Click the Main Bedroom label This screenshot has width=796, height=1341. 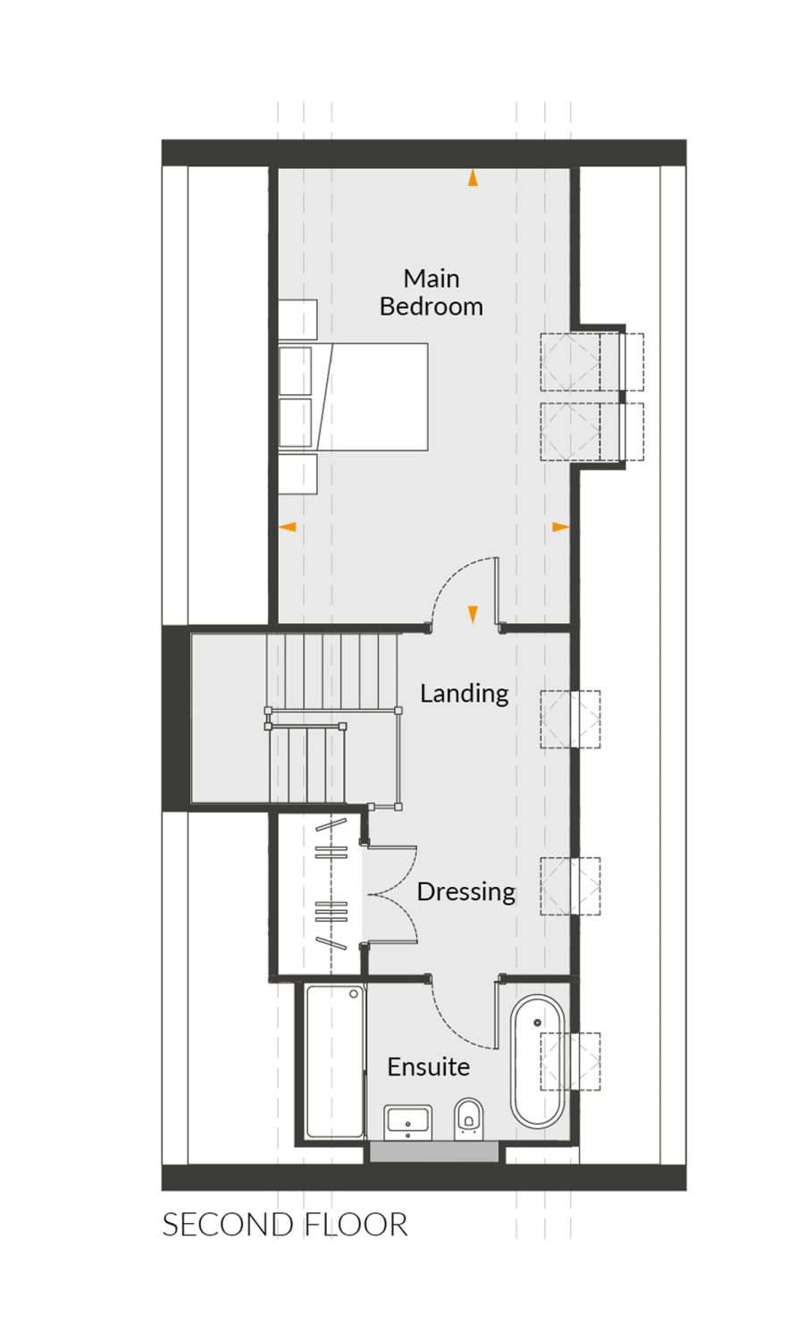tap(432, 292)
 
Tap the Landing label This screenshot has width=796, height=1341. tap(464, 693)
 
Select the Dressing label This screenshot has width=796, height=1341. tap(465, 891)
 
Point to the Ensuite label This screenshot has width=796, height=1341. tap(428, 1067)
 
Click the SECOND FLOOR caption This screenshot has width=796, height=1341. tap(285, 1224)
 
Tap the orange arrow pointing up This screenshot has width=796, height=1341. tap(473, 178)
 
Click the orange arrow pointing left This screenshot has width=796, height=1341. tap(288, 527)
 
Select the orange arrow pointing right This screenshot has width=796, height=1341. tap(560, 527)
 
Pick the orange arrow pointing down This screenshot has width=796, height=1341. tap(473, 614)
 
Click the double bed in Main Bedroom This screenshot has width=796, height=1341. tap(354, 396)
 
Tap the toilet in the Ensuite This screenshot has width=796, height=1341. tap(467, 1118)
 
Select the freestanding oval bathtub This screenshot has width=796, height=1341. tap(537, 1062)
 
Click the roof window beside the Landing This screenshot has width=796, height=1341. tap(570, 719)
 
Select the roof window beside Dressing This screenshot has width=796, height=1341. tap(570, 885)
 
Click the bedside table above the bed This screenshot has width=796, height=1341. tap(297, 320)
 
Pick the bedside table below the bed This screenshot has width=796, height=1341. tap(297, 474)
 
